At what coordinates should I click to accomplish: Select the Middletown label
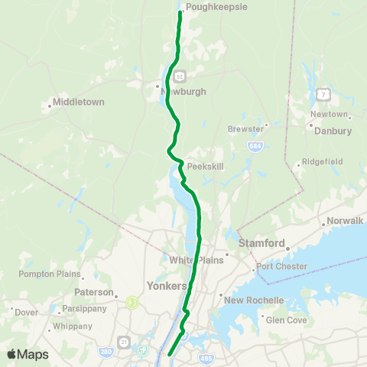[x=79, y=102]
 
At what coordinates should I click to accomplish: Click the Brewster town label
[x=245, y=129]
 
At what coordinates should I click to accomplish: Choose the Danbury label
[x=333, y=131]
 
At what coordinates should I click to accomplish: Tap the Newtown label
[x=330, y=115]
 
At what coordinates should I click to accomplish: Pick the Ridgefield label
[x=323, y=161]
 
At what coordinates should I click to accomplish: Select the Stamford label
[x=262, y=244]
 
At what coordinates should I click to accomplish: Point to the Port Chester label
[x=281, y=267]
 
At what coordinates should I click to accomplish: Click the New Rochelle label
[x=254, y=300]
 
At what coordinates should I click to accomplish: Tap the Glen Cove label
[x=285, y=320]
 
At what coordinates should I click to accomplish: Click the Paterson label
[x=94, y=291]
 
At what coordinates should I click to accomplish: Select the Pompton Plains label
[x=50, y=274]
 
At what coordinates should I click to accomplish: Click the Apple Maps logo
[x=28, y=354]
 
